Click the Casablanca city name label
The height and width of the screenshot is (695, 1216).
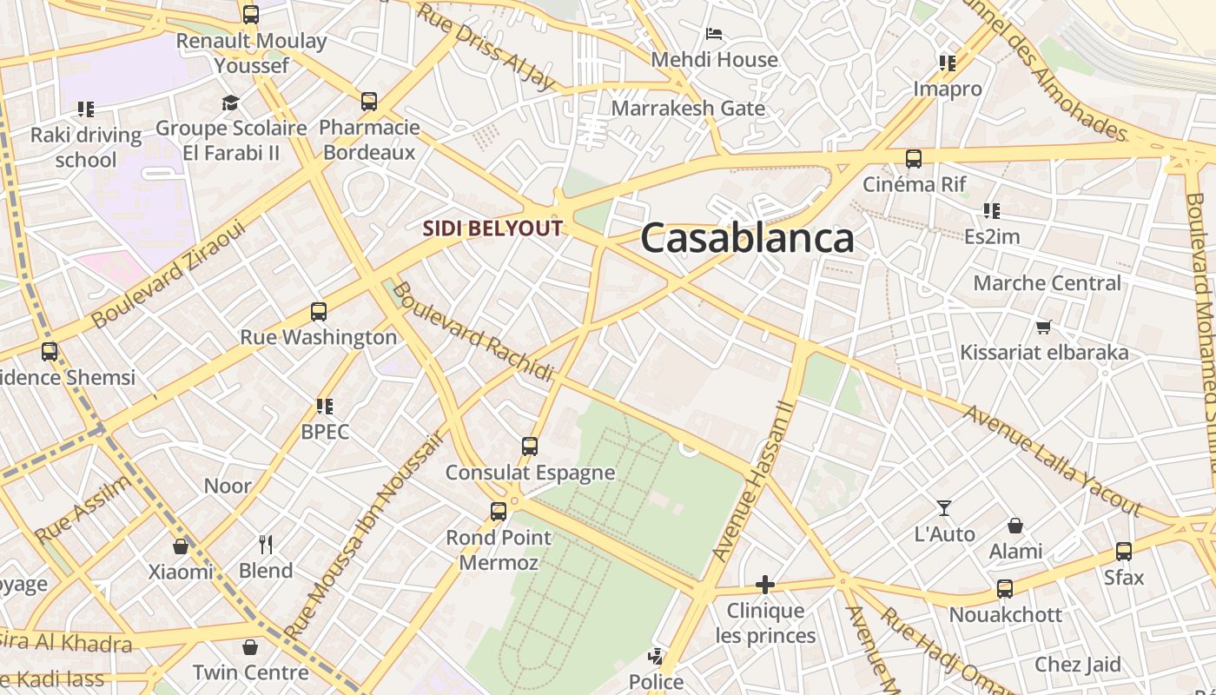pos(747,239)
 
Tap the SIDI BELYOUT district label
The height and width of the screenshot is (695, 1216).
pos(492,229)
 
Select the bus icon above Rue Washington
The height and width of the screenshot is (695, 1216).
pos(319,312)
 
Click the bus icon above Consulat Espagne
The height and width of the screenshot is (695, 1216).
pos(530,447)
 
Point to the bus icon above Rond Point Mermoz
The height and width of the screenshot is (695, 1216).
pos(499,512)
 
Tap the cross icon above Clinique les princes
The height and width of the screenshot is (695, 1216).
pos(764,585)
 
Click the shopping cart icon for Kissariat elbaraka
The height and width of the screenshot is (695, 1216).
pos(1043,327)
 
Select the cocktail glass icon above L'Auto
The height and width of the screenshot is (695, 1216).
pos(944,507)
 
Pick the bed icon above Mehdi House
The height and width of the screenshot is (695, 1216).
pos(714,34)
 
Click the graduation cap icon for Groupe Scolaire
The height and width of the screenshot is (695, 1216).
pos(230,103)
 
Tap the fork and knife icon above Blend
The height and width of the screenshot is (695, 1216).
pos(266,545)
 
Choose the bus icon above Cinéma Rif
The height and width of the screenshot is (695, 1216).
pos(914,159)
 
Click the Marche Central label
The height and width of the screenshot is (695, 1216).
pos(1047,283)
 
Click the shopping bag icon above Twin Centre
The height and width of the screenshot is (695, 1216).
pos(250,647)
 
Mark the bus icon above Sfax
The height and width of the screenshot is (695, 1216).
pos(1124,552)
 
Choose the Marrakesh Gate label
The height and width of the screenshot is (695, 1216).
pos(688,109)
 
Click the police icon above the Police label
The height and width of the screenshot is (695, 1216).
pos(657,657)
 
